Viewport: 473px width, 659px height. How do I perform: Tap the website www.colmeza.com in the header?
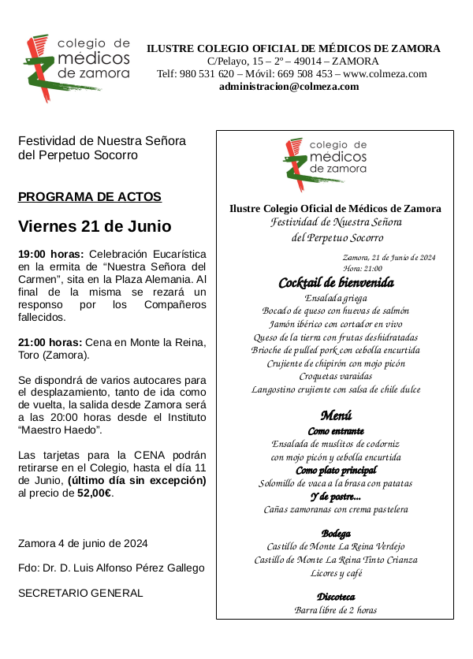click(x=385, y=74)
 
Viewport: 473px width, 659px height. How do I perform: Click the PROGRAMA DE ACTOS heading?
click(x=90, y=197)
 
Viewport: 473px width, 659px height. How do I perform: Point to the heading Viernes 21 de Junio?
click(x=95, y=227)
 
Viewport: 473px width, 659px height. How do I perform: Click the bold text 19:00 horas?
click(x=51, y=255)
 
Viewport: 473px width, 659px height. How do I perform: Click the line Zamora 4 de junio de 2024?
click(x=83, y=544)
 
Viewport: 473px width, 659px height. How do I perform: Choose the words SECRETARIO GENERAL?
click(x=80, y=593)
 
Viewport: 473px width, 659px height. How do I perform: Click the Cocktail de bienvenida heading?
click(x=336, y=283)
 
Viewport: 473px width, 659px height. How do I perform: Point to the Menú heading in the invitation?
click(x=336, y=415)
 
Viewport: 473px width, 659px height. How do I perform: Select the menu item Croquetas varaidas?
click(x=336, y=377)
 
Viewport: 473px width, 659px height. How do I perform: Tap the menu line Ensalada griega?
click(x=336, y=298)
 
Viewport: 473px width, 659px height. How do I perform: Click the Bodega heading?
click(x=336, y=534)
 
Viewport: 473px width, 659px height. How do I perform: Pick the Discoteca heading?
click(x=336, y=597)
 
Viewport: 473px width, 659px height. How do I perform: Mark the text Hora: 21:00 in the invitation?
click(x=363, y=269)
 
